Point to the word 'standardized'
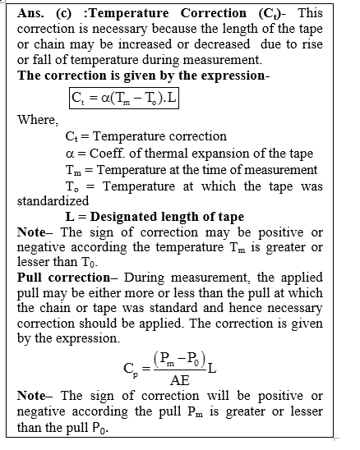pos(52,200)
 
